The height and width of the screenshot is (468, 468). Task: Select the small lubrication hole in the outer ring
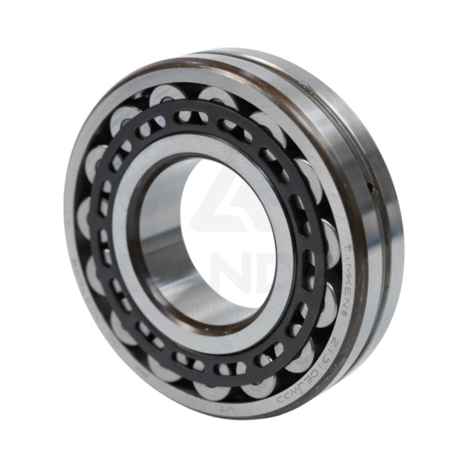370,187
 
